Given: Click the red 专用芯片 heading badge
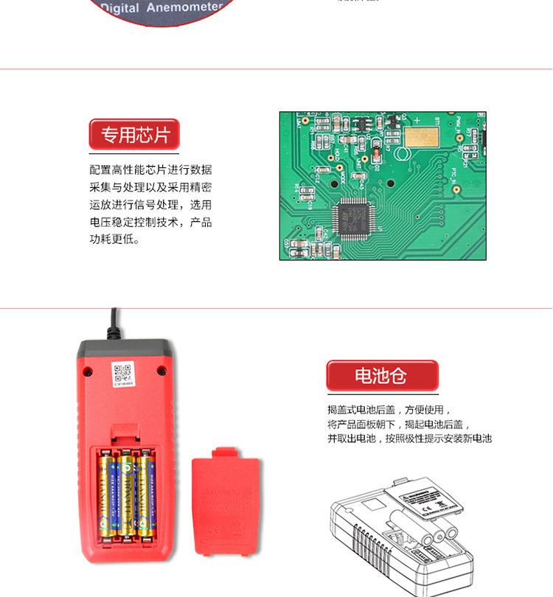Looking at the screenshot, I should pos(134,135).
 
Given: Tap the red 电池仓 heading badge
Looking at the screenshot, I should pos(381,376).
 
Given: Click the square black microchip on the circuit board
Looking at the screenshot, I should pos(350,216).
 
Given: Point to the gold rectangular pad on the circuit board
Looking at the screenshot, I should pos(421,136).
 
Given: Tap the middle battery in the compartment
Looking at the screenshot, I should pos(126,493).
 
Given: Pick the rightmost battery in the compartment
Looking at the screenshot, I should pos(145,493).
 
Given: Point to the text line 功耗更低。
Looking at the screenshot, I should pos(114,240).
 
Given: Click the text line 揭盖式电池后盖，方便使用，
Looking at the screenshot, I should pos(389,410).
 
